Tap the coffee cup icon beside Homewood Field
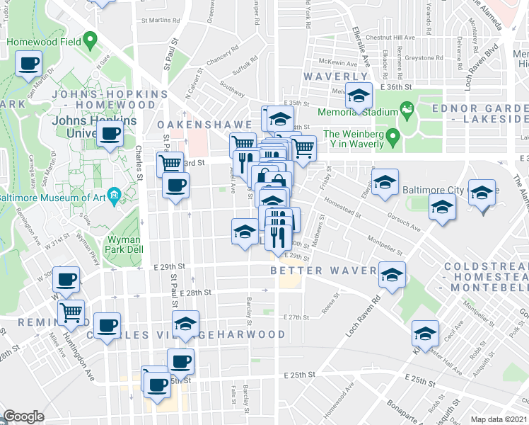pos(30,64)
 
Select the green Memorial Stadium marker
pos(407,110)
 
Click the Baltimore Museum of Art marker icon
pos(114,196)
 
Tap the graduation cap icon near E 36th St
pos(359,95)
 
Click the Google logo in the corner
pos(23,416)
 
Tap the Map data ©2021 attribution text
pos(499,419)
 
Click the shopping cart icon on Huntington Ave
pos(71,311)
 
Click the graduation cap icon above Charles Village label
pos(185,324)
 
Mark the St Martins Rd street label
pos(157,21)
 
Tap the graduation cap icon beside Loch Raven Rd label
pos(391,276)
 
